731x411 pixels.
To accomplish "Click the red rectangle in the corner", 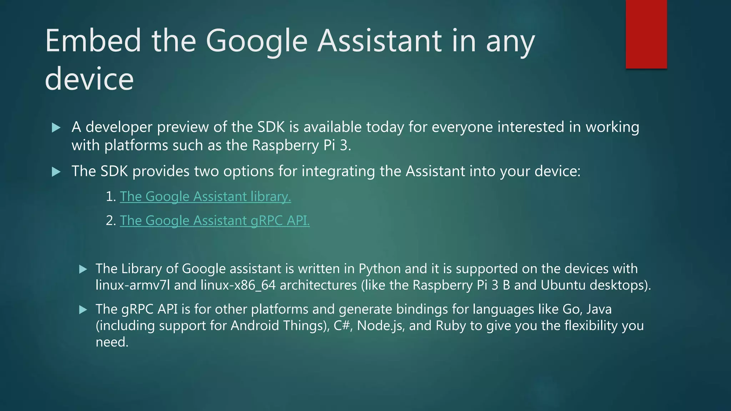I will (646, 34).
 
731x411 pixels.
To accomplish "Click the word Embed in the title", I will (93, 41).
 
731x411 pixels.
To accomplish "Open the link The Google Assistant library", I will (205, 197).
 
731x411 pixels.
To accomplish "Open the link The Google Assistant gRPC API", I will (215, 220).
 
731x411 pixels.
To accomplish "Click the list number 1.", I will (110, 197).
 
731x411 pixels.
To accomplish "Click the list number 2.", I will (110, 220).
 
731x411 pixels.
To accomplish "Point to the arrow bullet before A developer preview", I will (56, 128).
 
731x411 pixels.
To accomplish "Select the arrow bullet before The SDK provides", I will (56, 172).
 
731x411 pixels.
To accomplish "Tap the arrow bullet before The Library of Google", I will (83, 269).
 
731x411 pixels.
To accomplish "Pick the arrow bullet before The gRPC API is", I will (83, 310).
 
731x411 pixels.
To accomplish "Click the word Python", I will (379, 269).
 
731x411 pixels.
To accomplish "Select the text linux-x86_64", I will (238, 285).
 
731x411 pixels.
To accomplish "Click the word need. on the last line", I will (112, 342).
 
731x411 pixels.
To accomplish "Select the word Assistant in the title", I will (380, 41).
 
